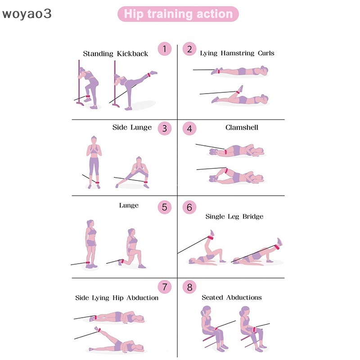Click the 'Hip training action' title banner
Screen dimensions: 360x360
(178, 14)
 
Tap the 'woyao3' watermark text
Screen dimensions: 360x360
(27, 14)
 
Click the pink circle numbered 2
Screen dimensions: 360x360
(189, 49)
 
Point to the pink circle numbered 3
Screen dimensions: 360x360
(164, 128)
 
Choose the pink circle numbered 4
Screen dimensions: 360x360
(189, 129)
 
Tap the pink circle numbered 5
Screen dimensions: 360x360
(164, 207)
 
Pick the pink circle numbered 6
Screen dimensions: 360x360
(189, 207)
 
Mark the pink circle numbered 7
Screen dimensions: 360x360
(164, 286)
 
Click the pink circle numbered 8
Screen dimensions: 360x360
(189, 287)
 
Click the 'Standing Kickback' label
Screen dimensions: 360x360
(115, 54)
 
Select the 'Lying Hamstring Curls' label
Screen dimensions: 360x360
(237, 53)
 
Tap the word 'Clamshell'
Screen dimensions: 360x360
(242, 127)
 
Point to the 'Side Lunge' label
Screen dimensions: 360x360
(132, 127)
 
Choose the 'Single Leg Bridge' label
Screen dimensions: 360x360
(234, 216)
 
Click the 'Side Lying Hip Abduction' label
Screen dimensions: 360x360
(117, 298)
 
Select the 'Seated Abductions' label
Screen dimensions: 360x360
(231, 297)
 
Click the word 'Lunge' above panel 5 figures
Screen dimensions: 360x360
(129, 205)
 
